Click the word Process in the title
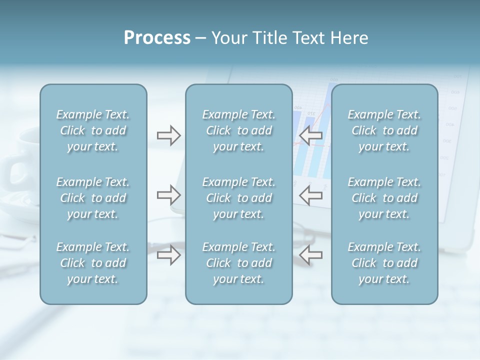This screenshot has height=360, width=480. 157,38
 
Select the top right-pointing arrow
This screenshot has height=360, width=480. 169,135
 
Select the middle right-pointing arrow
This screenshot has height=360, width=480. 169,194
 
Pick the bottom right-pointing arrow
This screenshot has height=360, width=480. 169,254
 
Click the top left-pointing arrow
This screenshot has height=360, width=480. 311,135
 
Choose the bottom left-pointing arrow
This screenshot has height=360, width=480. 311,254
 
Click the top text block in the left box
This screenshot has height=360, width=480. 93,130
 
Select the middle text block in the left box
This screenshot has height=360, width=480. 93,198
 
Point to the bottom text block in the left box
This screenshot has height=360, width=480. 93,263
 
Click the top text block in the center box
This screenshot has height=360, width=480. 239,130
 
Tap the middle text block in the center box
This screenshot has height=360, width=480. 239,198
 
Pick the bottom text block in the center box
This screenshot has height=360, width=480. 239,263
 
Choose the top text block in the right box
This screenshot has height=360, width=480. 384,130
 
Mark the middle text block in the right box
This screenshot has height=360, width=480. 384,198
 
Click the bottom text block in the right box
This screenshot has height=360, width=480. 384,263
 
